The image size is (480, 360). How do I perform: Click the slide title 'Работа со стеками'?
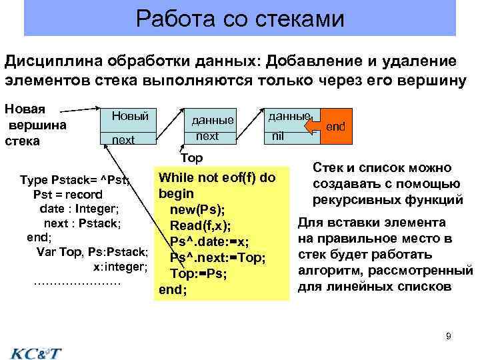tap(240, 18)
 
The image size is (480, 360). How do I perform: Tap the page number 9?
tap(449, 336)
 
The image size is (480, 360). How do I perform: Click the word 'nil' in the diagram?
tap(278, 137)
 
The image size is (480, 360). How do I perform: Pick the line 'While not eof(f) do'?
tap(217, 178)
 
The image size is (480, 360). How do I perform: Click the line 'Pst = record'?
tap(67, 195)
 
